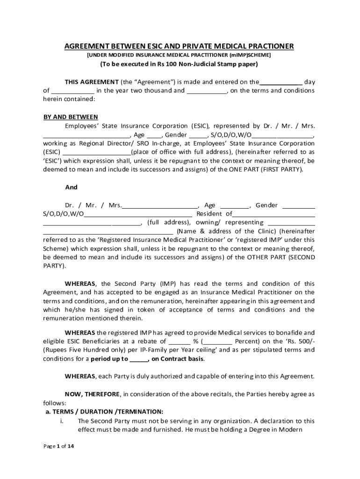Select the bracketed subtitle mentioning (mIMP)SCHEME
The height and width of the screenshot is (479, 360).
pos(179,55)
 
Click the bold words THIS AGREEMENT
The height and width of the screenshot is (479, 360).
pos(92,82)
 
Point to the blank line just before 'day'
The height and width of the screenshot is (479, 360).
pos(281,82)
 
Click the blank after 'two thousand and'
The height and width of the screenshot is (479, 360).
pos(207,91)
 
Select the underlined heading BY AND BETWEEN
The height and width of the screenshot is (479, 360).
pos(71,117)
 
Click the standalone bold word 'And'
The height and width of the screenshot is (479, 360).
pos(71,187)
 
